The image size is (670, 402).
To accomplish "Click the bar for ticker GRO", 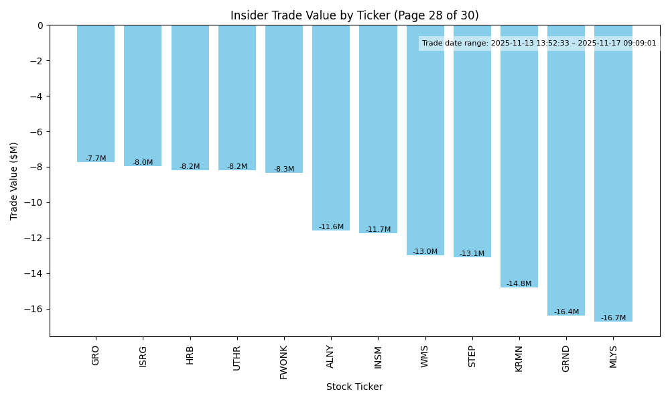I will click(96, 94).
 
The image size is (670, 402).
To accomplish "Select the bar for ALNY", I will click(331, 127).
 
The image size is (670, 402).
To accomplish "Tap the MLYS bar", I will click(613, 174).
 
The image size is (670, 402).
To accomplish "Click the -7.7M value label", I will click(96, 159).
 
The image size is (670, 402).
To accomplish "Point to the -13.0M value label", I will click(425, 252).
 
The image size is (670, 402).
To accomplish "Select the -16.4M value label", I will click(566, 312).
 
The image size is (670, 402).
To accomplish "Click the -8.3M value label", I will click(284, 170).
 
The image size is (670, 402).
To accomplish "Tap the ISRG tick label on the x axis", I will click(143, 355).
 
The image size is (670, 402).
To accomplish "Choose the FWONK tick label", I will click(284, 362).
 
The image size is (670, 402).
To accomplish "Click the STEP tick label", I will click(472, 356).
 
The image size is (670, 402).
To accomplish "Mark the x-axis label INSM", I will click(378, 356).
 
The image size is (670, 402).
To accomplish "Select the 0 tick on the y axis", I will click(40, 25).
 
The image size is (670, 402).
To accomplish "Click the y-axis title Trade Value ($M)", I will click(14, 181).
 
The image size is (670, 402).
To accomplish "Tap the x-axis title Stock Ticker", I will click(354, 387).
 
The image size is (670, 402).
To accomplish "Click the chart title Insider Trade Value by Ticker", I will click(354, 15).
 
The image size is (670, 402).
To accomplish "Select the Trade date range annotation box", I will click(539, 44).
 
